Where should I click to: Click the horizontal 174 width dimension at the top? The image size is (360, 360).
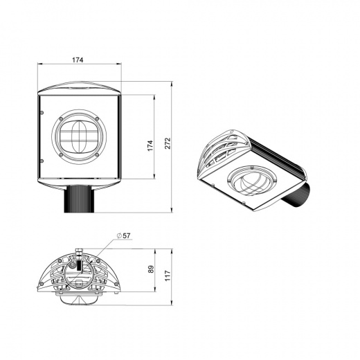pos(78,61)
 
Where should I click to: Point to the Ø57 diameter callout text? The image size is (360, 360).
pos(124,236)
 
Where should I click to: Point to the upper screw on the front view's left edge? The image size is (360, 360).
pos(42,111)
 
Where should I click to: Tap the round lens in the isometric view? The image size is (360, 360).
pos(251,181)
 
